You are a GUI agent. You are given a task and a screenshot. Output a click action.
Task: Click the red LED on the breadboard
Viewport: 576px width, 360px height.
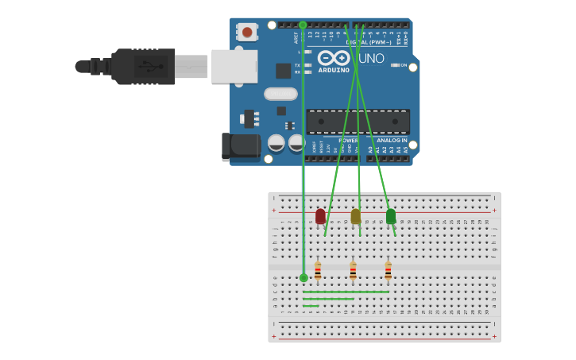tap(320, 216)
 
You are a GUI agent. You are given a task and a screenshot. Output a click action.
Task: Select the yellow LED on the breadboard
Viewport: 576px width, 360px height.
tap(355, 216)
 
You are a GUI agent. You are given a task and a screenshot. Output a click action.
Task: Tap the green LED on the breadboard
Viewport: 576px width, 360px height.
tap(391, 216)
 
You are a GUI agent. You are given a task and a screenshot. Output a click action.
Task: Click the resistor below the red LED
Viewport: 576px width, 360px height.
tap(318, 271)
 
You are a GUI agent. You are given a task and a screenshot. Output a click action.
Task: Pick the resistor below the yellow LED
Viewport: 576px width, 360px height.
tap(353, 271)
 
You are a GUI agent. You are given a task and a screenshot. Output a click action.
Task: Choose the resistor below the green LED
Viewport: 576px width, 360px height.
tap(388, 271)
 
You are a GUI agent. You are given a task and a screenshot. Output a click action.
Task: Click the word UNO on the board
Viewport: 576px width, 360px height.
tap(371, 58)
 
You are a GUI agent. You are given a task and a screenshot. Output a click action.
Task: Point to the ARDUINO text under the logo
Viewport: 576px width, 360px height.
tap(334, 70)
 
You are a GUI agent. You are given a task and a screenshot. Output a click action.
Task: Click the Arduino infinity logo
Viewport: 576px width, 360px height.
tap(334, 57)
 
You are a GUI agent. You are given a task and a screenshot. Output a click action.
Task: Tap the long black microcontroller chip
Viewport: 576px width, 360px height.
tap(358, 122)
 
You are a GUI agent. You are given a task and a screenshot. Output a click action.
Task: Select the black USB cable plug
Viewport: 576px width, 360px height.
tap(143, 67)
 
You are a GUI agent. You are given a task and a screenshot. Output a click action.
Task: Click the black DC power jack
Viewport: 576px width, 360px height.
tap(242, 146)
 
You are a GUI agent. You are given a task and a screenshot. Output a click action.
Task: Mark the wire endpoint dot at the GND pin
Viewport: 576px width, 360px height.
tap(303, 25)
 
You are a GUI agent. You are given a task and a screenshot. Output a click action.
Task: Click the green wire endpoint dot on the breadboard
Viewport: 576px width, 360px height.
tap(303, 277)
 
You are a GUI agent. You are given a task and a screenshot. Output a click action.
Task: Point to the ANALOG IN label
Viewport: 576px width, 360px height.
tap(392, 141)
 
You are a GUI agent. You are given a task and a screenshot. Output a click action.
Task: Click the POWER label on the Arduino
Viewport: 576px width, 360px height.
tap(348, 141)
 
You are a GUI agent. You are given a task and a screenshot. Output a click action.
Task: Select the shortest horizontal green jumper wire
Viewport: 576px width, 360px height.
tap(311, 306)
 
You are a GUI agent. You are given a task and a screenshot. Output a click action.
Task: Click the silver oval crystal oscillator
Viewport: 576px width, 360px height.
tap(280, 94)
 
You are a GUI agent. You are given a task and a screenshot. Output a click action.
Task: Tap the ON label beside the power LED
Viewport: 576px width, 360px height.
tap(404, 65)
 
